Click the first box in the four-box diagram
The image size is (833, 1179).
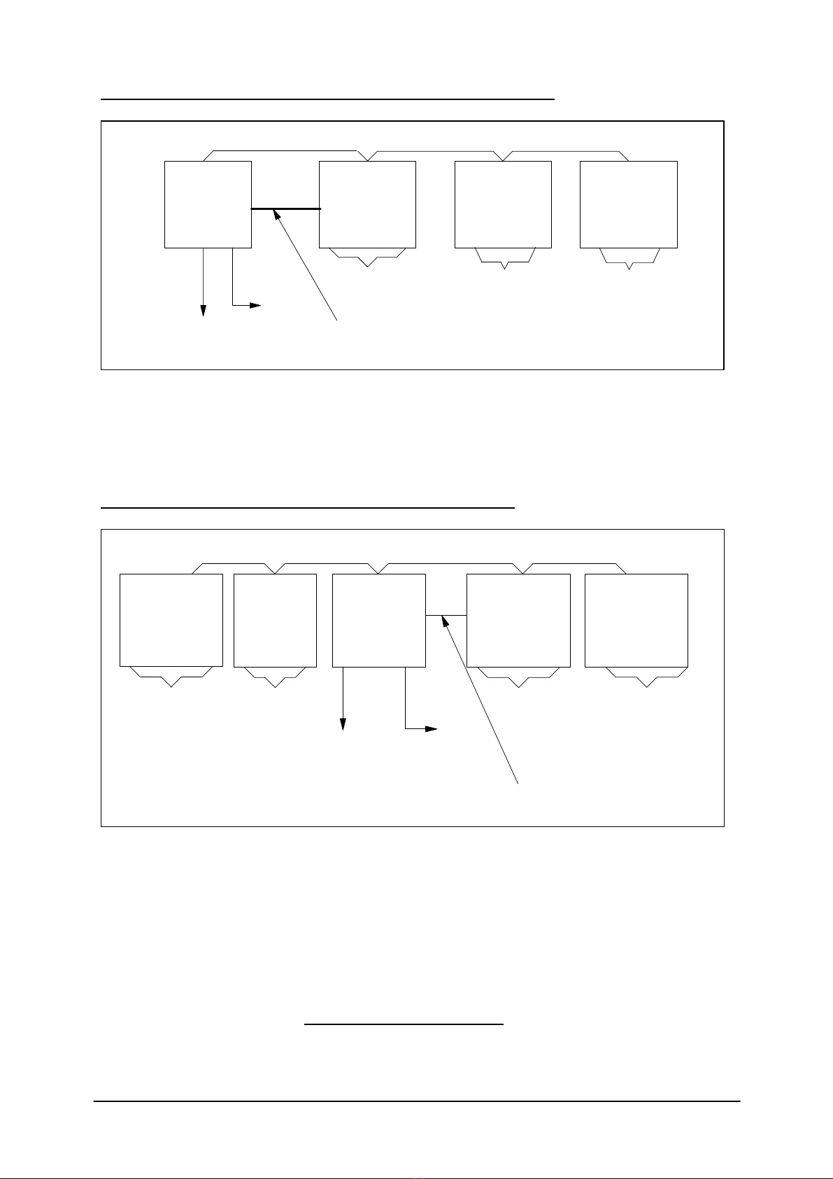[x=208, y=204]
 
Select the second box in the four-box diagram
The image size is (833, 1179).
[x=367, y=204]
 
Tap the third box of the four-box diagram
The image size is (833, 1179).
[x=503, y=204]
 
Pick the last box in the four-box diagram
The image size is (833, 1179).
[x=628, y=204]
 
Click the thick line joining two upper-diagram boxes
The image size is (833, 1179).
[x=285, y=209]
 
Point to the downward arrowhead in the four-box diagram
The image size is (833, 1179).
[x=204, y=311]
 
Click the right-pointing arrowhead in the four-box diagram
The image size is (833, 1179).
[x=256, y=305]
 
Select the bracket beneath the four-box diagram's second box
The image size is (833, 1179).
[x=367, y=257]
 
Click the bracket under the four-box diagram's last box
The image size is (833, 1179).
[x=629, y=260]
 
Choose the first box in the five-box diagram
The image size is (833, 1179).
[x=171, y=620]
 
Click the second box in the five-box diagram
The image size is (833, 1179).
[x=275, y=620]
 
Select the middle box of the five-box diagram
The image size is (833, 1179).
[x=378, y=620]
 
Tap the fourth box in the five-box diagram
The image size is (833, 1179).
[x=518, y=620]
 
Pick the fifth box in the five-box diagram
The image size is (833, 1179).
[x=636, y=620]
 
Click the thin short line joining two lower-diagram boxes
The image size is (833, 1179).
[x=446, y=615]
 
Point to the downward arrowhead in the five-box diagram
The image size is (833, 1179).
[x=343, y=726]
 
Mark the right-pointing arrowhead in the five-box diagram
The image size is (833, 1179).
[x=432, y=729]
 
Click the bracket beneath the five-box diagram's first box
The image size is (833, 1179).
[x=171, y=677]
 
